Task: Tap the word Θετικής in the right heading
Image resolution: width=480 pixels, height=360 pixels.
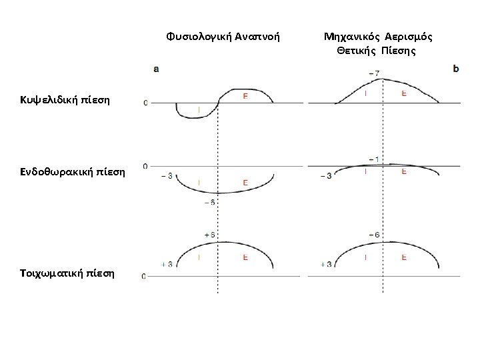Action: [x=359, y=50]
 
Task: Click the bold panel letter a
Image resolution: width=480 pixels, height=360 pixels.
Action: [x=156, y=68]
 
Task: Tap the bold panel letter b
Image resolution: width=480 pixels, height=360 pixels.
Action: [x=455, y=68]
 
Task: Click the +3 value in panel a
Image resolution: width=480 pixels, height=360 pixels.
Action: [x=167, y=264]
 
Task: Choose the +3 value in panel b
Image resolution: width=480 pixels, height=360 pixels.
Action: [x=326, y=264]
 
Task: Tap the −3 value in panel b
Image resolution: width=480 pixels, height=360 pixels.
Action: [x=326, y=176]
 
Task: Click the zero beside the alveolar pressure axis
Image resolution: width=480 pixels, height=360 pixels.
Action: [x=145, y=103]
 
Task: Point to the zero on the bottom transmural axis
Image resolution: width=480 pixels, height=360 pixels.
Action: [x=145, y=276]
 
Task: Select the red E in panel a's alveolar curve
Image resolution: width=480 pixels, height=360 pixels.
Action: [x=245, y=97]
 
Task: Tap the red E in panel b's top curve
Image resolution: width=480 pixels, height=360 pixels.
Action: [x=404, y=93]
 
